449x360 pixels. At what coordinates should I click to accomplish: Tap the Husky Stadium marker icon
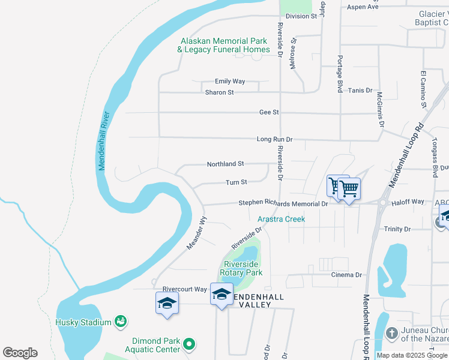click(x=121, y=322)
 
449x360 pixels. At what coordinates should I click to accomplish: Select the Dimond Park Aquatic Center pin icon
click(x=190, y=344)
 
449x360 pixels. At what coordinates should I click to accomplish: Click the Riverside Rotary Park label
click(x=241, y=268)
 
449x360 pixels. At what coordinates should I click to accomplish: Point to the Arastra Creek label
click(x=282, y=219)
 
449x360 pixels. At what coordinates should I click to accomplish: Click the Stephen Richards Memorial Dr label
click(x=283, y=203)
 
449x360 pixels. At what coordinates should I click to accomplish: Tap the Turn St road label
click(x=236, y=182)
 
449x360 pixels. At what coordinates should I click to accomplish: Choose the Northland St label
click(x=225, y=163)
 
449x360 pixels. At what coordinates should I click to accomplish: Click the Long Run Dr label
click(x=274, y=139)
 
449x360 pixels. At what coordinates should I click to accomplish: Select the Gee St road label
click(x=269, y=112)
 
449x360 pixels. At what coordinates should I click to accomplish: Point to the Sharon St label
click(x=219, y=92)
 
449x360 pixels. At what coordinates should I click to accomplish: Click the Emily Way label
click(x=230, y=81)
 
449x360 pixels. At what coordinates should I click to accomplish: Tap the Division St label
click(x=301, y=16)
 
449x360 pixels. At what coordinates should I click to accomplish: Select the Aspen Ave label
click(x=363, y=7)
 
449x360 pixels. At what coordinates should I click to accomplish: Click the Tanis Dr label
click(x=360, y=91)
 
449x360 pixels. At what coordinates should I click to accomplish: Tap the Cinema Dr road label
click(x=346, y=275)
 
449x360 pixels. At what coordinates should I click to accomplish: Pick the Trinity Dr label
click(x=397, y=229)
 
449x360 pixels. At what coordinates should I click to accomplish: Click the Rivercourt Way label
click(x=180, y=289)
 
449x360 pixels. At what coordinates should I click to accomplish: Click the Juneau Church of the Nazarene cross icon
click(x=391, y=333)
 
